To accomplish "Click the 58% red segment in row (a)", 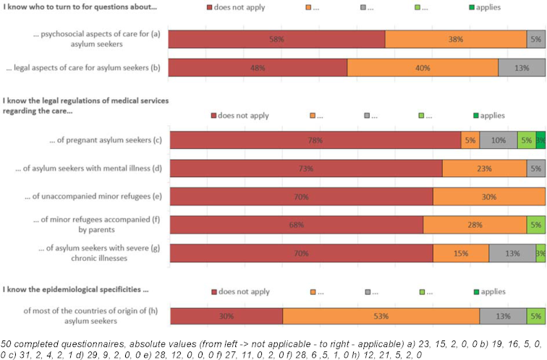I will pos(276,40).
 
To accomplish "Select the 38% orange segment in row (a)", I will pos(455,40).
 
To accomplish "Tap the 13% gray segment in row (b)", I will pos(521,67).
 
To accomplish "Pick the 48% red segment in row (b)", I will pos(258,67).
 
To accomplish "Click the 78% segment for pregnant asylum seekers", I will pos(315,140).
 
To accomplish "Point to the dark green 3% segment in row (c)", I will pos(540,140).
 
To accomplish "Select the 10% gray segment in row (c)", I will pos(498,140).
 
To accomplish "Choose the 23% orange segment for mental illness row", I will pos(484,168).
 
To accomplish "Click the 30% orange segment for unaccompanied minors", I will pos(489,197).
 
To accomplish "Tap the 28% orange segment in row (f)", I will pos(475,225).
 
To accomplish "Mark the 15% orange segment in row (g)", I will pos(461,253).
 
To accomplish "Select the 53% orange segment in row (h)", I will pos(381,316).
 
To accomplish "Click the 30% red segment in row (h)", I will pos(226,316).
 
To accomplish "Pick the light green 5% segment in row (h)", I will pos(535,316).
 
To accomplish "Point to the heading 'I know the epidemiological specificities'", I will pos(75,291).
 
